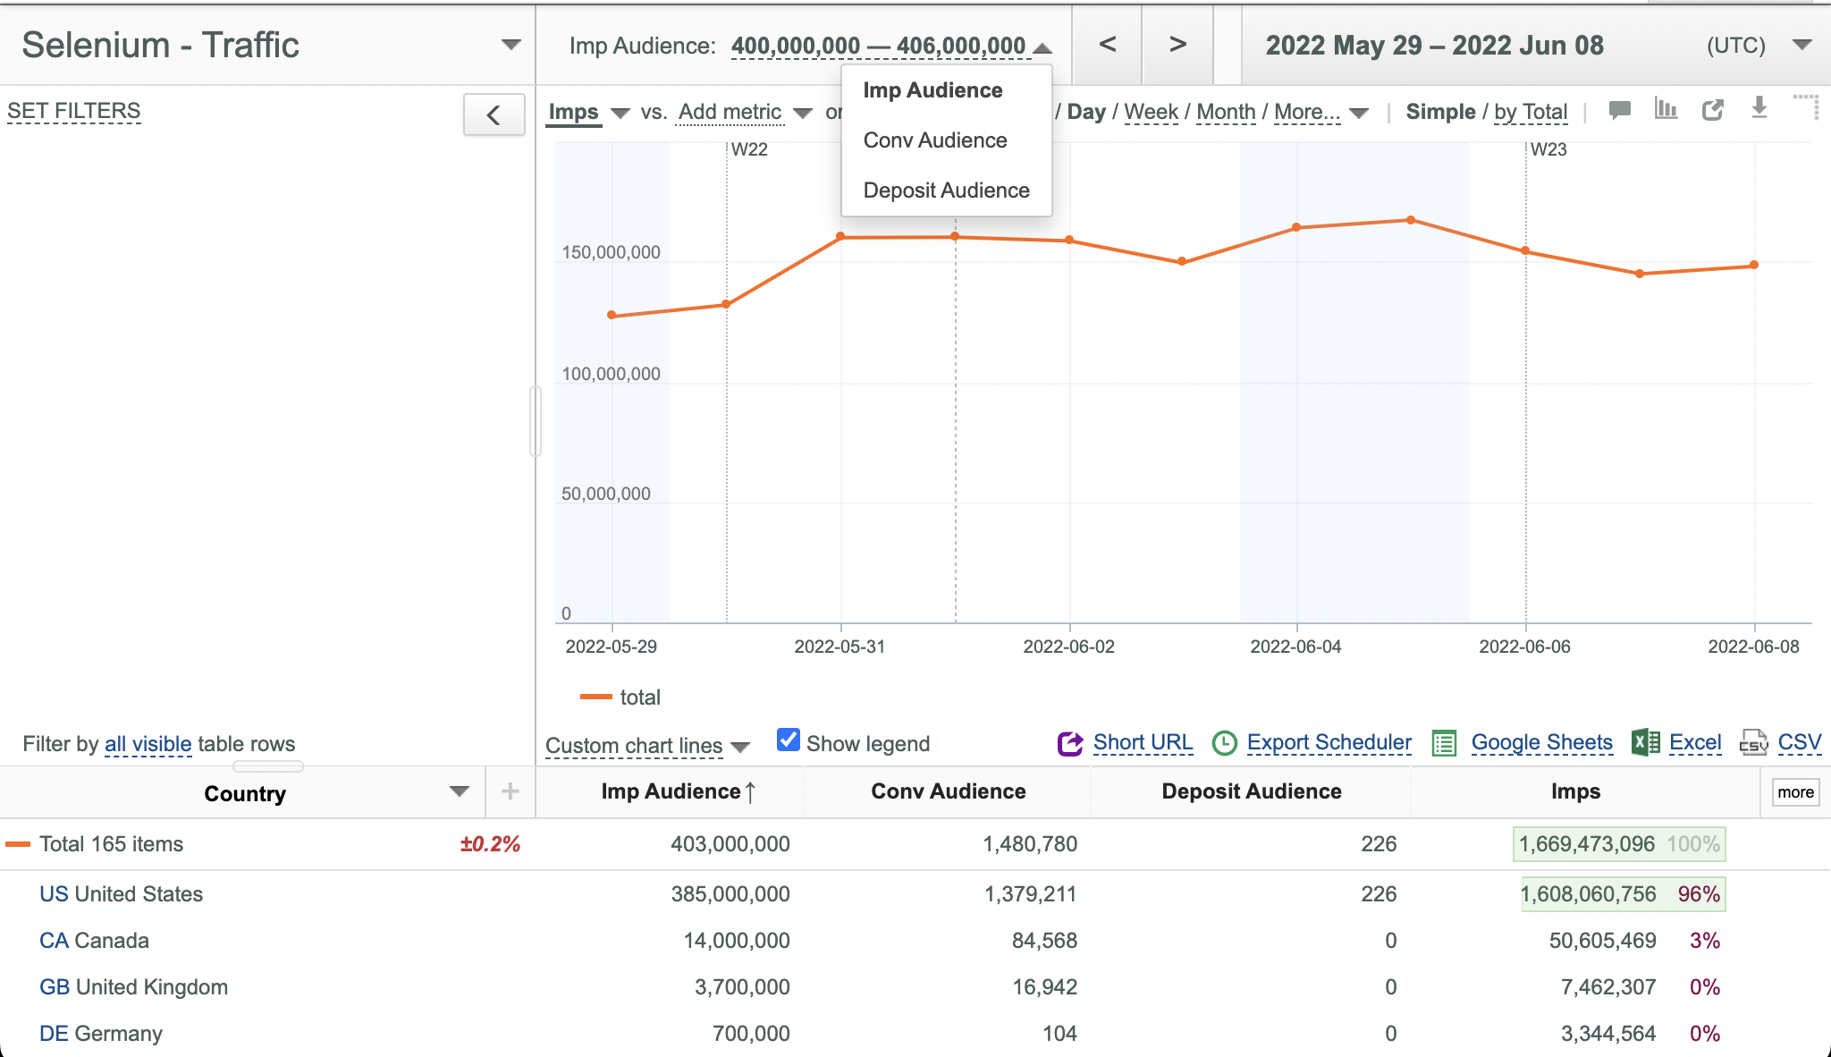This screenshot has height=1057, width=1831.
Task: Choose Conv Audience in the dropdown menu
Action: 935,140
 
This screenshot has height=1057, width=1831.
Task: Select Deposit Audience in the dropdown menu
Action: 946,190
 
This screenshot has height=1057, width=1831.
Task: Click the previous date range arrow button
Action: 1107,45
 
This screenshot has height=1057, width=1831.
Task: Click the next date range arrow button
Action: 1177,45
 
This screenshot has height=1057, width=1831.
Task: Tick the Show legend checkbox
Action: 789,740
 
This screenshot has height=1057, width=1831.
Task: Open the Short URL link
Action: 1143,742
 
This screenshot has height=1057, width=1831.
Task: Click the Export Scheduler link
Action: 1329,742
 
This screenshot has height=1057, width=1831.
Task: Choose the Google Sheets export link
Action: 1541,742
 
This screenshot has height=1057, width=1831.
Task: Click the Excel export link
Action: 1695,742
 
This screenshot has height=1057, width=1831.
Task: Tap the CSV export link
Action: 1799,742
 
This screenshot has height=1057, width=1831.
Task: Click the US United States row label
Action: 121,894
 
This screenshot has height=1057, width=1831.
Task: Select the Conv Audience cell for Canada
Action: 1044,941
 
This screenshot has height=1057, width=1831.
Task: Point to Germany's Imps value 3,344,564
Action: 1608,1034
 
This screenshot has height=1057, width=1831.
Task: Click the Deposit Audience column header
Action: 1252,791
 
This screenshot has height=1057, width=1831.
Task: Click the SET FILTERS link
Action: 74,111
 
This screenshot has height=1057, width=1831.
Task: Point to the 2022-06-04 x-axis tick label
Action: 1295,647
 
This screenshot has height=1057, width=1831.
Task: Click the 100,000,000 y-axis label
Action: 611,374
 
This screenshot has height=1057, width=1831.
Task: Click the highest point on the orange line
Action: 1411,220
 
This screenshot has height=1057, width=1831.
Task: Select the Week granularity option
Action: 1152,112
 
